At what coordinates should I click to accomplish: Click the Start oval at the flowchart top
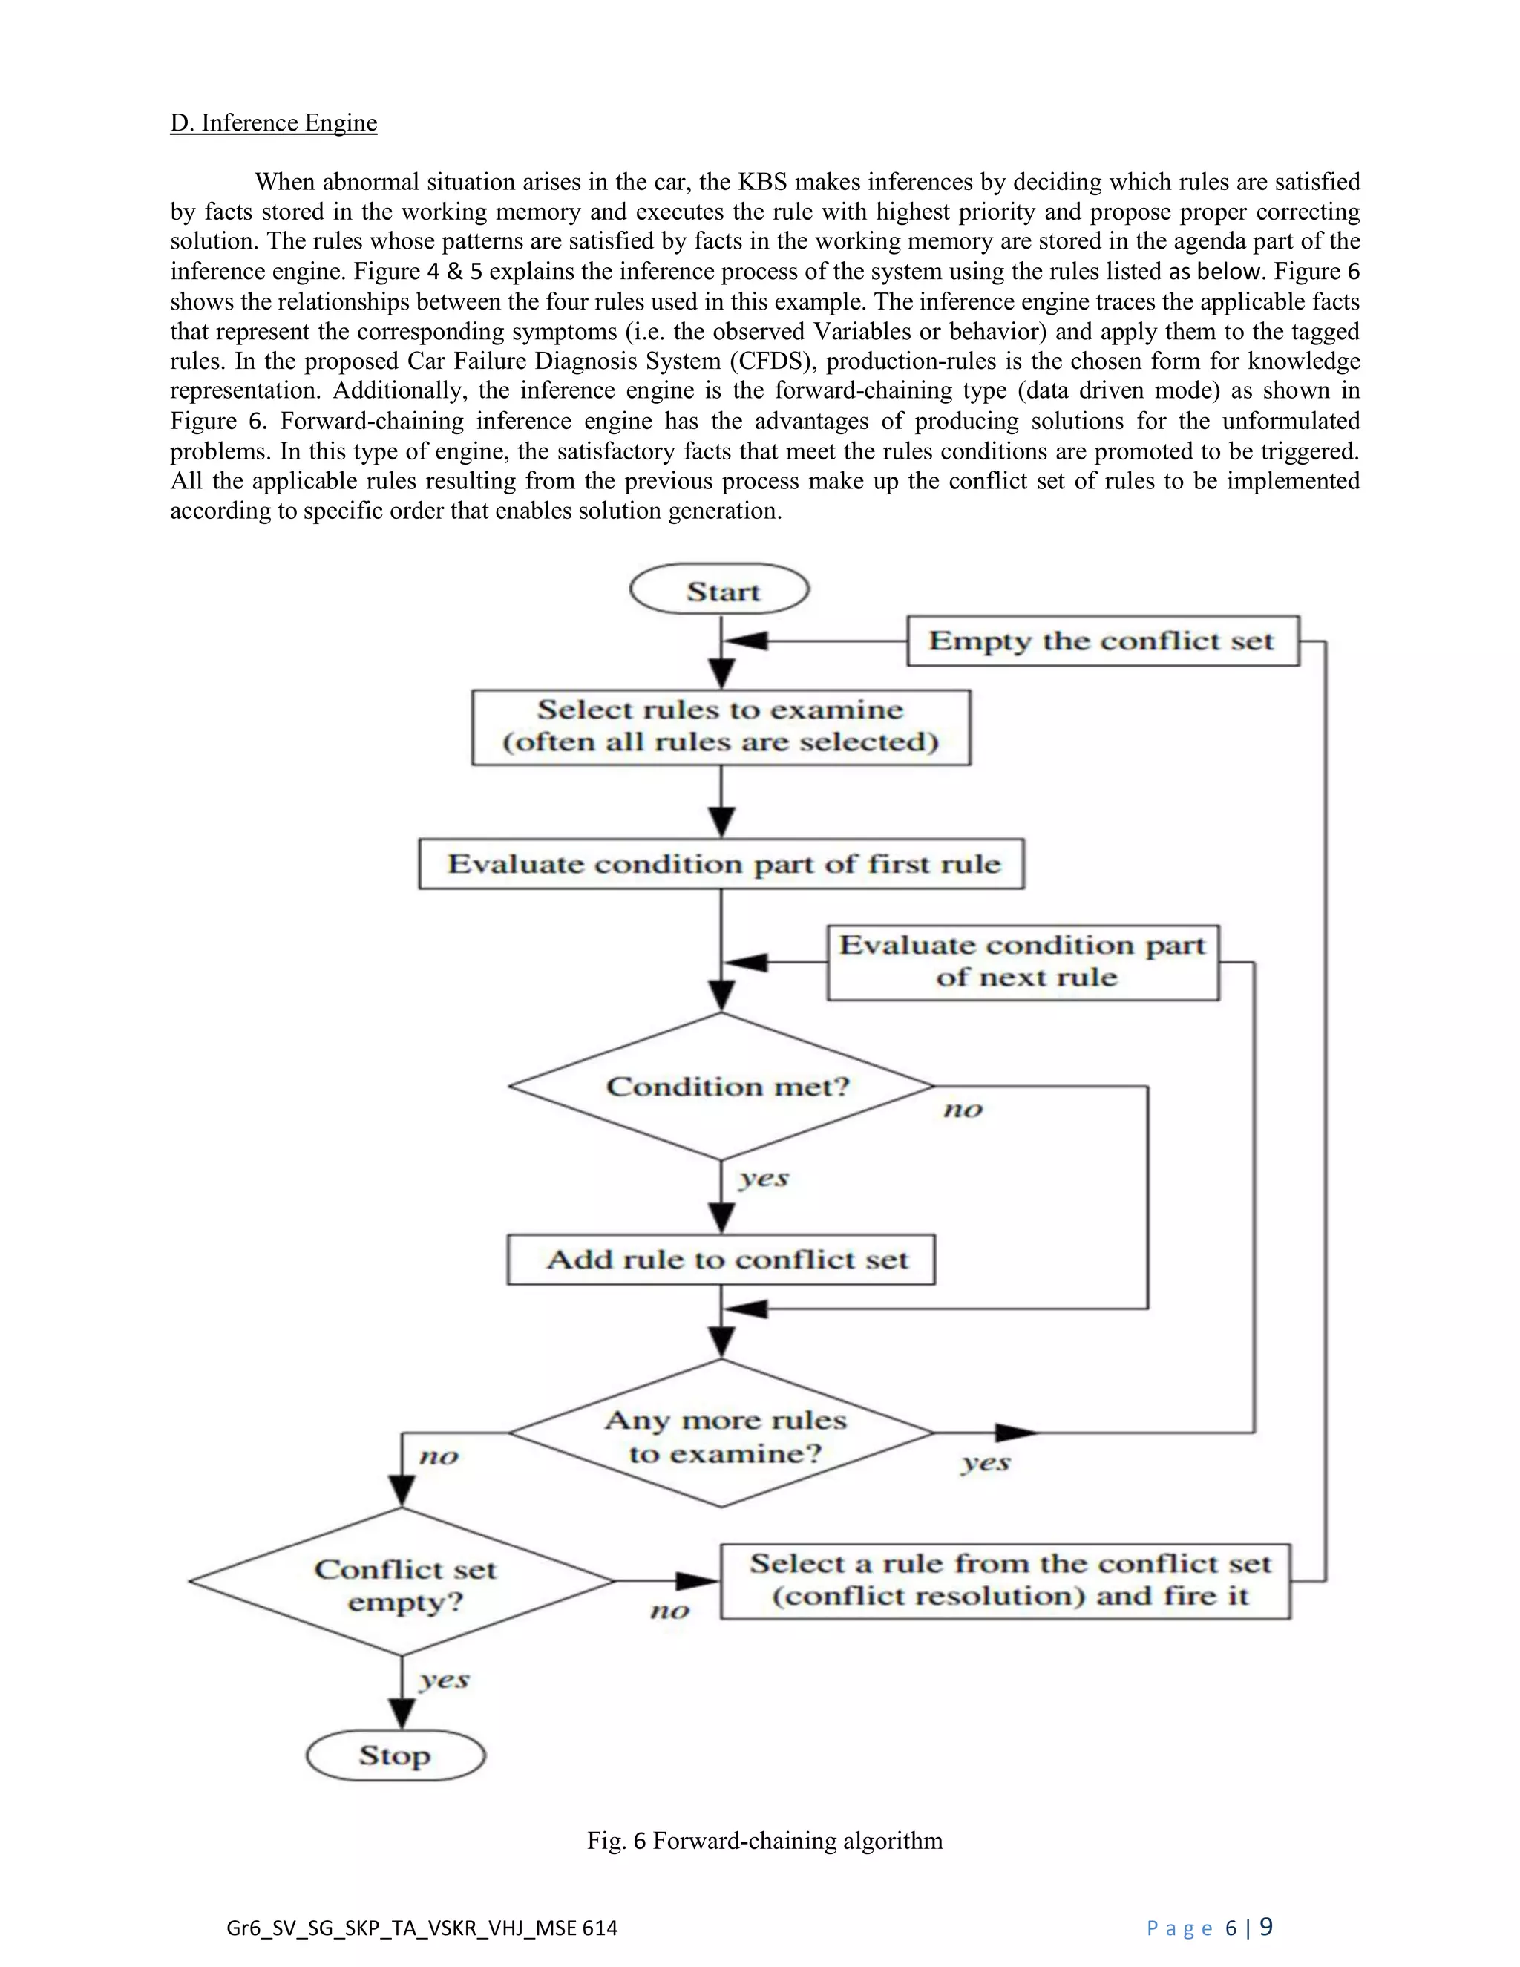719,591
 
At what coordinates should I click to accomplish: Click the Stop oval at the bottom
396,1755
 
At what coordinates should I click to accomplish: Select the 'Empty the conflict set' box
1102,641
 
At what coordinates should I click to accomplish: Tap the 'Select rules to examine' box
721,727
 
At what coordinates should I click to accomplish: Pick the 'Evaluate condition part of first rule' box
721,864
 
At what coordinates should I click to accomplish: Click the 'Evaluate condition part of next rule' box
1022,961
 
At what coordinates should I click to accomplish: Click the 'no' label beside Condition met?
962,1110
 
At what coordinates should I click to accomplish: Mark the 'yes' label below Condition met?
763,1178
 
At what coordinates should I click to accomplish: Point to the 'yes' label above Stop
443,1680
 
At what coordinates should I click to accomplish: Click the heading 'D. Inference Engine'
274,122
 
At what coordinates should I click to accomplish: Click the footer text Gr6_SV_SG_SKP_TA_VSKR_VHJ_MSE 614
422,1928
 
